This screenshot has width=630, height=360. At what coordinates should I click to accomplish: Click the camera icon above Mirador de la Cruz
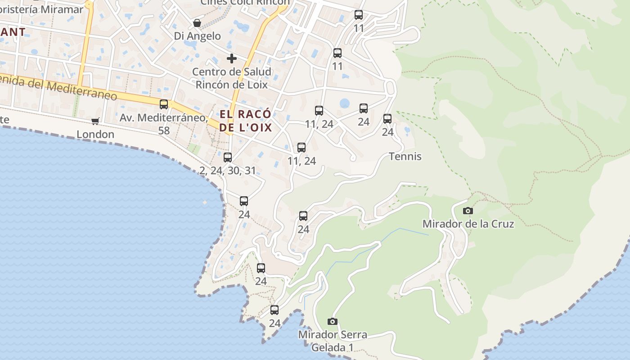click(468, 211)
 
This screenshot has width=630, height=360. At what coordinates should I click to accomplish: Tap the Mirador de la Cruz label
click(468, 224)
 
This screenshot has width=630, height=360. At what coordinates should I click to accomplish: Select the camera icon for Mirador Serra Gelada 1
click(333, 321)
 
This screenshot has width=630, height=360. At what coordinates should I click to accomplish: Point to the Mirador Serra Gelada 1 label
click(333, 341)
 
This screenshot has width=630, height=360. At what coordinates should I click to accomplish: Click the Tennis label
click(405, 157)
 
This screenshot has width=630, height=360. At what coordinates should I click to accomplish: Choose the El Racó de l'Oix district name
click(246, 121)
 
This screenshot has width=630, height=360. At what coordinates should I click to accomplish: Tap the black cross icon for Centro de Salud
click(232, 58)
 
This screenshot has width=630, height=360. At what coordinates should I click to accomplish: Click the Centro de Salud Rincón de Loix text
click(232, 78)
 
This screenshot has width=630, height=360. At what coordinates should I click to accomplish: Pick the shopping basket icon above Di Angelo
click(197, 23)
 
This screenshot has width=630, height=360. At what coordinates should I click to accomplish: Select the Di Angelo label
click(198, 36)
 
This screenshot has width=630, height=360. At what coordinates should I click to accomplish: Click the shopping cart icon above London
click(95, 121)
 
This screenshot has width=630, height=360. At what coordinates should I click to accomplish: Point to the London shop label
click(95, 134)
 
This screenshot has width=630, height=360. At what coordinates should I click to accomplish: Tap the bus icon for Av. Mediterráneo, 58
click(164, 104)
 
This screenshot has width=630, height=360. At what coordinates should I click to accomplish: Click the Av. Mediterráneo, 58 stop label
click(164, 124)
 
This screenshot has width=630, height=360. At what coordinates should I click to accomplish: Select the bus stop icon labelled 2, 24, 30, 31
click(228, 157)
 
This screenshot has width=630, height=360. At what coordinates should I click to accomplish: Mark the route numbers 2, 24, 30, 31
click(228, 171)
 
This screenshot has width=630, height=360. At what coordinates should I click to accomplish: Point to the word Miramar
click(64, 9)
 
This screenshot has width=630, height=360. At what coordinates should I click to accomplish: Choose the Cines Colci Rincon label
click(245, 2)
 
